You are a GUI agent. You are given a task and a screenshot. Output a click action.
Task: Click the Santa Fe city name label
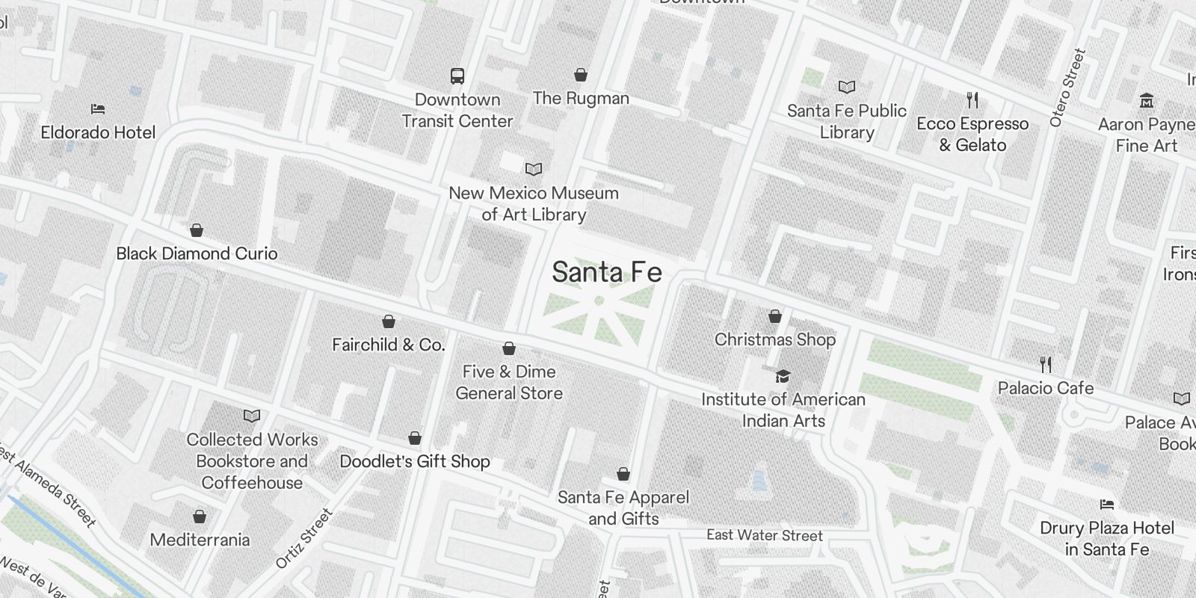tap(606, 272)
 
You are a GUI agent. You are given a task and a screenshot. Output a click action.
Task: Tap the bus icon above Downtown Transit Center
tap(457, 75)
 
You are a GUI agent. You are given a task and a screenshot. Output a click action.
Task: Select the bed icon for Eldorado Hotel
tap(98, 109)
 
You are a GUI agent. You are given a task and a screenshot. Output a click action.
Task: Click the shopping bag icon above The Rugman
tap(581, 75)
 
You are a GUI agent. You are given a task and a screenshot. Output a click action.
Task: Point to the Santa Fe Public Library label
tap(846, 121)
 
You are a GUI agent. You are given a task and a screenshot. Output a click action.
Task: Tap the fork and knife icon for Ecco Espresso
tap(972, 99)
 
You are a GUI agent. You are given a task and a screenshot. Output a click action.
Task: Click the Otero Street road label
tap(1067, 87)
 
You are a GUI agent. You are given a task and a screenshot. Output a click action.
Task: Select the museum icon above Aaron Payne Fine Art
tap(1146, 100)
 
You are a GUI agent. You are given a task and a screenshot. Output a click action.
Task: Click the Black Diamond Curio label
tap(197, 253)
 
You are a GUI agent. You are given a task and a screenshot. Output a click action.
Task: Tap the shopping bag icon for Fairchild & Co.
tap(389, 321)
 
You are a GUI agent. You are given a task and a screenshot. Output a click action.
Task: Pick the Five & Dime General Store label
tap(509, 382)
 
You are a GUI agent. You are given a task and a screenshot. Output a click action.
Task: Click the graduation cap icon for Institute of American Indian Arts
tap(783, 376)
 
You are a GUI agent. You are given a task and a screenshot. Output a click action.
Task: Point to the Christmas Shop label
tap(775, 339)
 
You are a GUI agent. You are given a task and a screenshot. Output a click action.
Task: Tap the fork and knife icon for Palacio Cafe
tap(1046, 365)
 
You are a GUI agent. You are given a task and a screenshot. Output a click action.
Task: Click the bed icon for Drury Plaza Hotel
tap(1107, 505)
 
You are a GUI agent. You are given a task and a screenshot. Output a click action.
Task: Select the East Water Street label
tap(765, 535)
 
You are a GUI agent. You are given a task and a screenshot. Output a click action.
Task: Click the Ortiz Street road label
tap(303, 538)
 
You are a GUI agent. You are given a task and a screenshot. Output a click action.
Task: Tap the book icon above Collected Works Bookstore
tap(252, 416)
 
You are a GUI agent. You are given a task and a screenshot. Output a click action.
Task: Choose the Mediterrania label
tap(200, 540)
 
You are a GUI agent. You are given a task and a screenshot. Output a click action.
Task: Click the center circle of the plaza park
tap(599, 300)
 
